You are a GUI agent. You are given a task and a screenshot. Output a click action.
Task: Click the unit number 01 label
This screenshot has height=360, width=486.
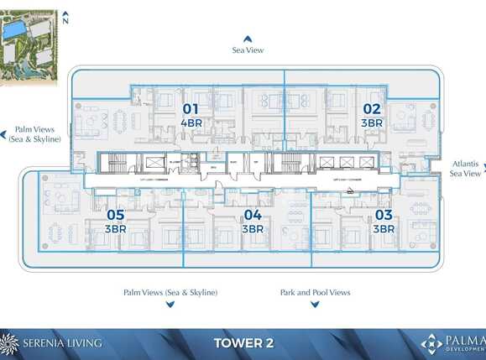(191, 108)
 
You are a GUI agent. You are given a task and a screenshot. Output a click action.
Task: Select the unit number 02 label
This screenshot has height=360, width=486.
(371, 108)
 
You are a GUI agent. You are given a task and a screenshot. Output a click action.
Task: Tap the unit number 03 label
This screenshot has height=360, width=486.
(384, 215)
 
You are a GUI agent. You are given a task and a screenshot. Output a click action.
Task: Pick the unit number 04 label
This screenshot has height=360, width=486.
(253, 215)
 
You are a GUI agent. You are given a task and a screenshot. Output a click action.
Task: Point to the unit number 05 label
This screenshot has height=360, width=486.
(115, 215)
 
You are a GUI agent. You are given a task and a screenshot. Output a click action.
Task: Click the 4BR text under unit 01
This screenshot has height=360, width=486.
(191, 123)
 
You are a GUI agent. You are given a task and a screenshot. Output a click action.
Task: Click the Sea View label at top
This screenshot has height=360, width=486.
(248, 50)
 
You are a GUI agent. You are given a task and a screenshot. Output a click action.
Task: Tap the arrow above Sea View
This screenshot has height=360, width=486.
(248, 39)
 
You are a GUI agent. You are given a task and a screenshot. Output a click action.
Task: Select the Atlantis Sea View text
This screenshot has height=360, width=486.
(466, 169)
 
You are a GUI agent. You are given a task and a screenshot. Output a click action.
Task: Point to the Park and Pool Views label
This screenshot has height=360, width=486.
(315, 292)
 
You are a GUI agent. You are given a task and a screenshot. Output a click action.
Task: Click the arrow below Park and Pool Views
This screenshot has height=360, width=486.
(315, 304)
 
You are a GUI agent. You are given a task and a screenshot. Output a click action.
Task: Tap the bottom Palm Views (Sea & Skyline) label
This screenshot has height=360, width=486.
(170, 292)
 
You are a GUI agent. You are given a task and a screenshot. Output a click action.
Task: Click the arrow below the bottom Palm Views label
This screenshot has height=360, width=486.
(170, 304)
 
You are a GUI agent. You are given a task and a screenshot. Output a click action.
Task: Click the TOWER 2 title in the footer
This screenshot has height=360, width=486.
(243, 343)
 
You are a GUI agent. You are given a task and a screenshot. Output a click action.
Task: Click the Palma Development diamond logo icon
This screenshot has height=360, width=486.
(431, 343)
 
